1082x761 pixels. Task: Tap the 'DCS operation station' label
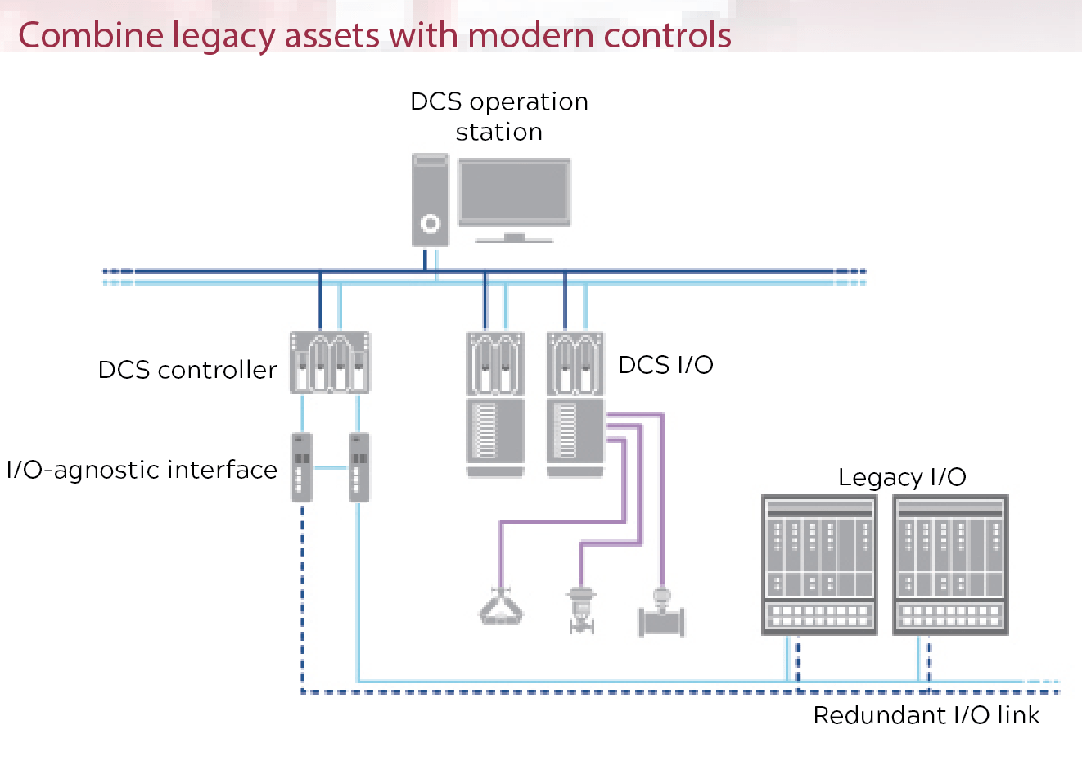[498, 116]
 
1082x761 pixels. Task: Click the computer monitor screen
[514, 191]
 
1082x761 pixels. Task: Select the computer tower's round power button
[430, 223]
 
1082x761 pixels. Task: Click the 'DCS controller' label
[187, 370]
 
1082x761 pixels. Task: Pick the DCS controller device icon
[330, 362]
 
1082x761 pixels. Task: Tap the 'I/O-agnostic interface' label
[142, 470]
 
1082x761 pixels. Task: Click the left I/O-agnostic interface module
[301, 466]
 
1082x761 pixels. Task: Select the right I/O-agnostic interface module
[358, 466]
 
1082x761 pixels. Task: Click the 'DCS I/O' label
[665, 365]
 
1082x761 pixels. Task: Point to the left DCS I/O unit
[495, 404]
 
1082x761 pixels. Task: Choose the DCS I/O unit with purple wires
[575, 404]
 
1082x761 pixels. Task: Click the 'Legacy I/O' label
[902, 477]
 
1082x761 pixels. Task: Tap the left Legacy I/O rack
[818, 565]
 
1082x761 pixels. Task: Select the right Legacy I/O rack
[950, 565]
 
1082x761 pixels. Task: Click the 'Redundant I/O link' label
[926, 715]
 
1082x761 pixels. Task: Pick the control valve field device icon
[581, 610]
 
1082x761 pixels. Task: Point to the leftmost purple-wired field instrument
[501, 607]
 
